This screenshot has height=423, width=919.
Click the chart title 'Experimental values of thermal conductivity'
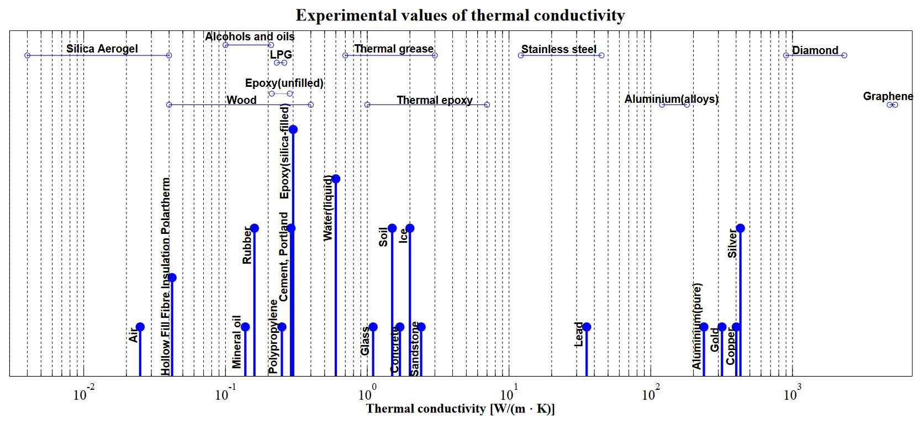(460, 15)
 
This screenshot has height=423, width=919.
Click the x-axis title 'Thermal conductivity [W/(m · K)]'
(460, 409)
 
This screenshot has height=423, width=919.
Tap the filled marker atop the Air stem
(140, 327)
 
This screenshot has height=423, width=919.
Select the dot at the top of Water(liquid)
(336, 179)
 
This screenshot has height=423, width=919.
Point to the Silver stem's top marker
(740, 228)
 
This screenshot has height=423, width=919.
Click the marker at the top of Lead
(587, 327)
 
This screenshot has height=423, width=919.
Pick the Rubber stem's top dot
(254, 228)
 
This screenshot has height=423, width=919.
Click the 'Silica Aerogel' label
(102, 49)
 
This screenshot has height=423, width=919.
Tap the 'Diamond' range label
(815, 50)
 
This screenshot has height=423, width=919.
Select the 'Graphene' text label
(888, 96)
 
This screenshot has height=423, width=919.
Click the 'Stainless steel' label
(559, 49)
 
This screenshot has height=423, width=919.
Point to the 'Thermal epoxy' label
(435, 100)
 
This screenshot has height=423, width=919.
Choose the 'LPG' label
(281, 55)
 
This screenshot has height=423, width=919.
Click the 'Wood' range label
(241, 100)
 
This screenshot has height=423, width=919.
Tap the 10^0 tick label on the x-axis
(365, 395)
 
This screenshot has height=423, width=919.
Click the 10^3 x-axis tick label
(791, 395)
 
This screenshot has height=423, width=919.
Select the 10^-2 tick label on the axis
(82, 395)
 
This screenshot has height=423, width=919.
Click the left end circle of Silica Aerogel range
(27, 55)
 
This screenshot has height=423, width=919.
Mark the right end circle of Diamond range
(844, 55)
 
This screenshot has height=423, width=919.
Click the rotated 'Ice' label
(403, 235)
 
